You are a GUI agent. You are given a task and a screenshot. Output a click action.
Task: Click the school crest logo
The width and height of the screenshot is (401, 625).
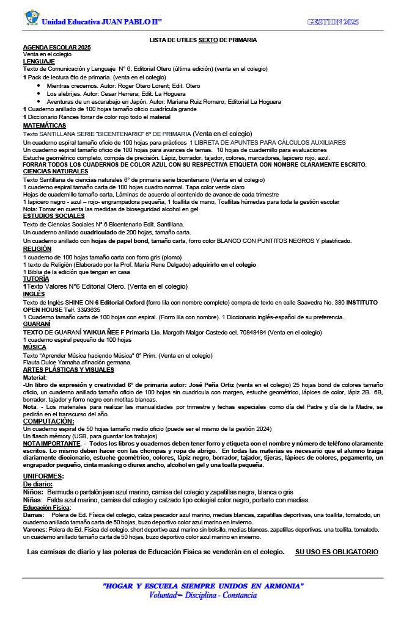pos(31,18)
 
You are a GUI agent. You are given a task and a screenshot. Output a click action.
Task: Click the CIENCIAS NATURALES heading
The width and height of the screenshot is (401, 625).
pos(55,172)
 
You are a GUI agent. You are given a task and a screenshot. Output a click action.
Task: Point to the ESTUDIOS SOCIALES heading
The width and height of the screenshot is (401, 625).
pos(53,216)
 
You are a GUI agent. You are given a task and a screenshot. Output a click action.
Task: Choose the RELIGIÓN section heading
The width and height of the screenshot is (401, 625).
pos(37,249)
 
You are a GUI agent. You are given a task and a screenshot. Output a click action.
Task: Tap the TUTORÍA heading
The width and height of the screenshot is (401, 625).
pos(36,278)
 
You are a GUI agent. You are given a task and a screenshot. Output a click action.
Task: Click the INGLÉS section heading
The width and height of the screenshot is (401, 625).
pos(34,294)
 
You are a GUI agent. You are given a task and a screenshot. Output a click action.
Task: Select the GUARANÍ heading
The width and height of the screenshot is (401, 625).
pos(36,324)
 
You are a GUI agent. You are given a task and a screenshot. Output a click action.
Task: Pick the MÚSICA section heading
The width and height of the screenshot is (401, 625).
pos(34,347)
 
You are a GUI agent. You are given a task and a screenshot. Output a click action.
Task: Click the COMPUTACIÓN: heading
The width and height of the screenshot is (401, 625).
pos(49,421)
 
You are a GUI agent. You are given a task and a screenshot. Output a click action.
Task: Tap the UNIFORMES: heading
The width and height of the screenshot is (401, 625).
pos(43,459)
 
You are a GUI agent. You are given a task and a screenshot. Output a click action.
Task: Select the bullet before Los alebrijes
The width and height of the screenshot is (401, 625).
pos(39,94)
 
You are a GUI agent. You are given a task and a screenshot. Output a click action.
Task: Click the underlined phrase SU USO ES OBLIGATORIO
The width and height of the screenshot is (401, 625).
pos(336,552)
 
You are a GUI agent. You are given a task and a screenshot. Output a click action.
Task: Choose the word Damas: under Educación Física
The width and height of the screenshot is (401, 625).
pos(33,515)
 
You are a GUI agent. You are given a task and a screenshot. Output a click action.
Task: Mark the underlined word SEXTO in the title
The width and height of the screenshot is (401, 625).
pos(207,40)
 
